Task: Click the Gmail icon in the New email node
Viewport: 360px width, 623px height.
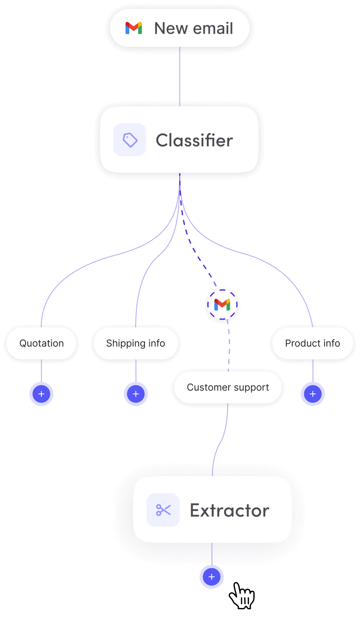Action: pyautogui.click(x=134, y=28)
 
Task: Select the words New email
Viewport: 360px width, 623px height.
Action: pyautogui.click(x=193, y=28)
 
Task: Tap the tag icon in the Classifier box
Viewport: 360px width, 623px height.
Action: pyautogui.click(x=130, y=140)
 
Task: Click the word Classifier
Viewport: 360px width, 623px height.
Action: pyautogui.click(x=194, y=140)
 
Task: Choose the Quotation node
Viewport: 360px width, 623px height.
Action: pyautogui.click(x=41, y=344)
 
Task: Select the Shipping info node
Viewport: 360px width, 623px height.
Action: pyautogui.click(x=136, y=344)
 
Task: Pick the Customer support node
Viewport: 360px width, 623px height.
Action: pyautogui.click(x=228, y=387)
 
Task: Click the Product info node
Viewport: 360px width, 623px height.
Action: pyautogui.click(x=312, y=344)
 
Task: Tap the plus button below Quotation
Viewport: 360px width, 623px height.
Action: pyautogui.click(x=41, y=394)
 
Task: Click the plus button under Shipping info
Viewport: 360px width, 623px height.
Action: pyautogui.click(x=136, y=394)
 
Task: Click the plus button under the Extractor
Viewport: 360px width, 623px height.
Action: pyautogui.click(x=212, y=577)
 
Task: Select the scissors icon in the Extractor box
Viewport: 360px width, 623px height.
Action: pyautogui.click(x=163, y=510)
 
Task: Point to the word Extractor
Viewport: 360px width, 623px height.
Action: pyautogui.click(x=229, y=510)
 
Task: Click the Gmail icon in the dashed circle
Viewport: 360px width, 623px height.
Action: pyautogui.click(x=222, y=305)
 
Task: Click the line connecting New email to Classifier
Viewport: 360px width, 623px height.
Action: pyautogui.click(x=180, y=77)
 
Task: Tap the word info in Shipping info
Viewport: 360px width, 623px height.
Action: pyautogui.click(x=157, y=344)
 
